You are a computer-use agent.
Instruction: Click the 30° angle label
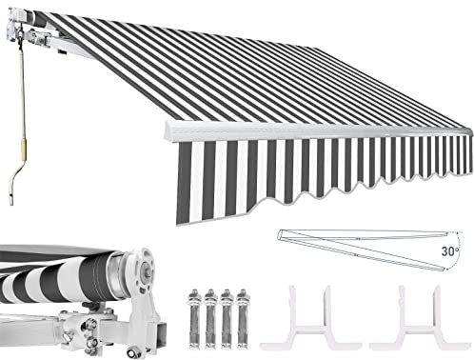click(x=450, y=251)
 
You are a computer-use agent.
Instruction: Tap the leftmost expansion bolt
click(x=195, y=318)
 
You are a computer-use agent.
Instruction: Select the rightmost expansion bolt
click(x=243, y=318)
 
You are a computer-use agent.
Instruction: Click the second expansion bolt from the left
click(x=210, y=318)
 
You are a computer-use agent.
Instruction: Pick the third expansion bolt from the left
click(x=227, y=318)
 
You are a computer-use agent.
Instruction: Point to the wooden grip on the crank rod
click(x=24, y=149)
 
